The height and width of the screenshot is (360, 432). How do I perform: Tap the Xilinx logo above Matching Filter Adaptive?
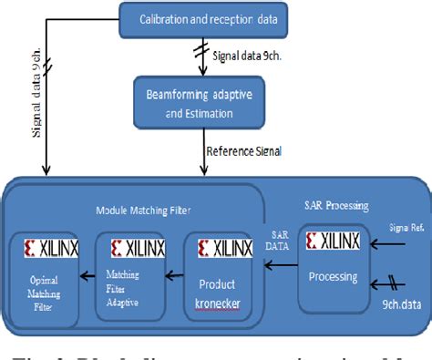(x=127, y=247)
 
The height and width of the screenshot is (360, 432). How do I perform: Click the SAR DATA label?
(x=279, y=241)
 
